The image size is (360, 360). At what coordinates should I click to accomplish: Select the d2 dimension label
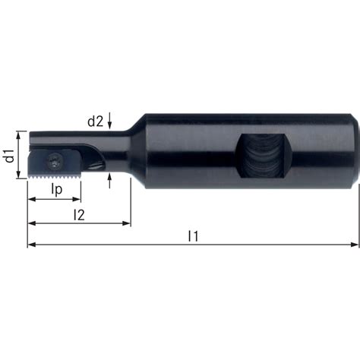(x=95, y=119)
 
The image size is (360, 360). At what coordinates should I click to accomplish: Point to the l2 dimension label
(x=78, y=214)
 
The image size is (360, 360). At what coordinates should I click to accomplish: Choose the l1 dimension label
(x=193, y=237)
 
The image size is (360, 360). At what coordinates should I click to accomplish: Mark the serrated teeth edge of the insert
(x=53, y=177)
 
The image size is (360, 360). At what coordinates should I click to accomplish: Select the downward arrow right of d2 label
(x=111, y=125)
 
